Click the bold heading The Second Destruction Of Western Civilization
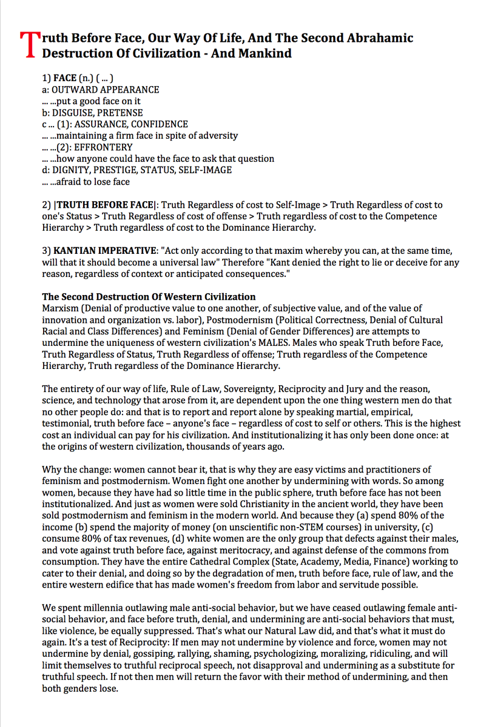(149, 297)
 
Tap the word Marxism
(61, 308)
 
